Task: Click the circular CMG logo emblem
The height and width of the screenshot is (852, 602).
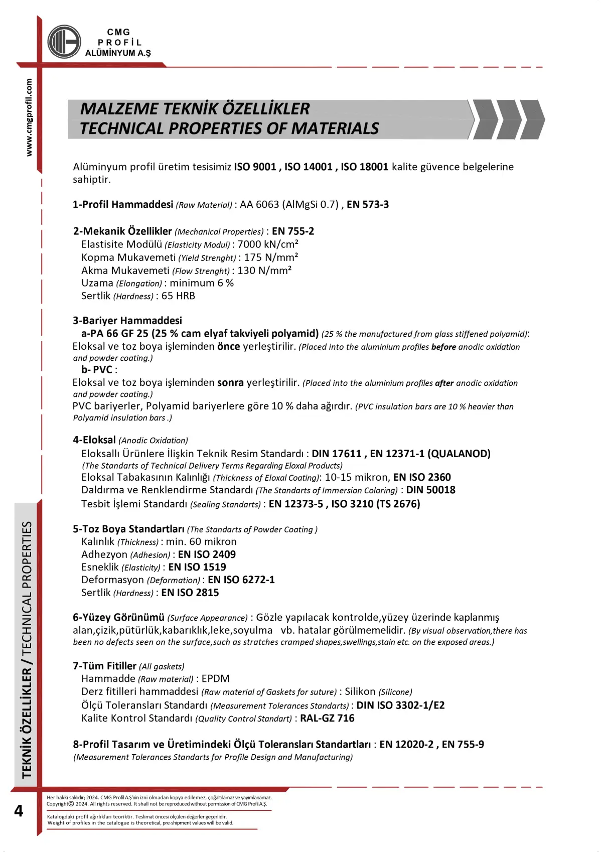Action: pos(64,42)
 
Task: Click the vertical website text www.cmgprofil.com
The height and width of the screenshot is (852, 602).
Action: pos(29,117)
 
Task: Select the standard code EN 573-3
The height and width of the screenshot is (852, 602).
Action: pos(368,205)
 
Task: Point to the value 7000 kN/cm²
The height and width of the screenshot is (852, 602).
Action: pos(268,244)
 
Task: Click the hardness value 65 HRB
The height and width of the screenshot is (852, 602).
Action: pos(178,296)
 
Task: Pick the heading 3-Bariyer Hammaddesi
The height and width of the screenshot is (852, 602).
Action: pos(127,321)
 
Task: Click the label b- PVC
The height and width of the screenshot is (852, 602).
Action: pos(97,370)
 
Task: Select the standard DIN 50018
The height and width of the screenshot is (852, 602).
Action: pos(430,490)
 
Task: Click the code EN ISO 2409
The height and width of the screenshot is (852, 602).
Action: pos(207,554)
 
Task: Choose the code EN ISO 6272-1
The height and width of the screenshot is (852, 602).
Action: pos(241,580)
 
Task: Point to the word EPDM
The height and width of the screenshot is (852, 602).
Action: pos(216,679)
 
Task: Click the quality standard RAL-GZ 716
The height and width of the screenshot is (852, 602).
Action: pos(327,719)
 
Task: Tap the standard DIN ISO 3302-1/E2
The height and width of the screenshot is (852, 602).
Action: pos(400,705)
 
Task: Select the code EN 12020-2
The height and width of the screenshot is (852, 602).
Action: pos(406,745)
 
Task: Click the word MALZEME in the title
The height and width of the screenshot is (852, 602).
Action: pos(119,109)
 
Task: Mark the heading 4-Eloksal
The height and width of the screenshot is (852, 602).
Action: pos(94,440)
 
